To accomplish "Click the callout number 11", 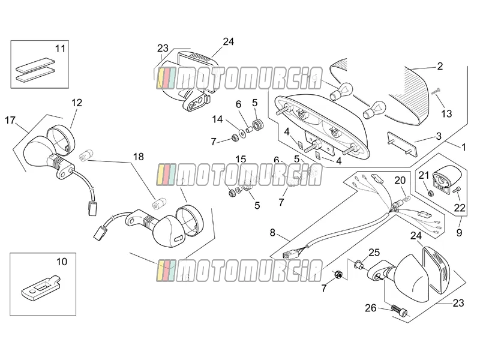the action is tap(61, 49).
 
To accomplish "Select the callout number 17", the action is tap(10, 121).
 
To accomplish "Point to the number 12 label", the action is tap(77, 103).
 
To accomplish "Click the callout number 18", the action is tap(139, 157).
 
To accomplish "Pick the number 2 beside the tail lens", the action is tap(440, 66).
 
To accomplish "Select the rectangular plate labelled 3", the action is tap(402, 144).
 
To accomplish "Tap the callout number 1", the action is tap(463, 147).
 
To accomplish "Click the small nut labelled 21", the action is tap(430, 193).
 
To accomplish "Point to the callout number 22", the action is tap(460, 208).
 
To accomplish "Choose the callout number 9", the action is tap(459, 233).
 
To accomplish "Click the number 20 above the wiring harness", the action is tap(400, 181).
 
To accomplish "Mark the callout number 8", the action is tap(272, 233).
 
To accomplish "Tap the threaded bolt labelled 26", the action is tap(400, 311).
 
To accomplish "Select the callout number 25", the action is tap(374, 253).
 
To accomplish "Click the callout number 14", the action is tap(217, 119).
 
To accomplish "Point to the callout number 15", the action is tap(241, 159).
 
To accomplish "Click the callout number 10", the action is tap(62, 262).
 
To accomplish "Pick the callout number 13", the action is tap(446, 113).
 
